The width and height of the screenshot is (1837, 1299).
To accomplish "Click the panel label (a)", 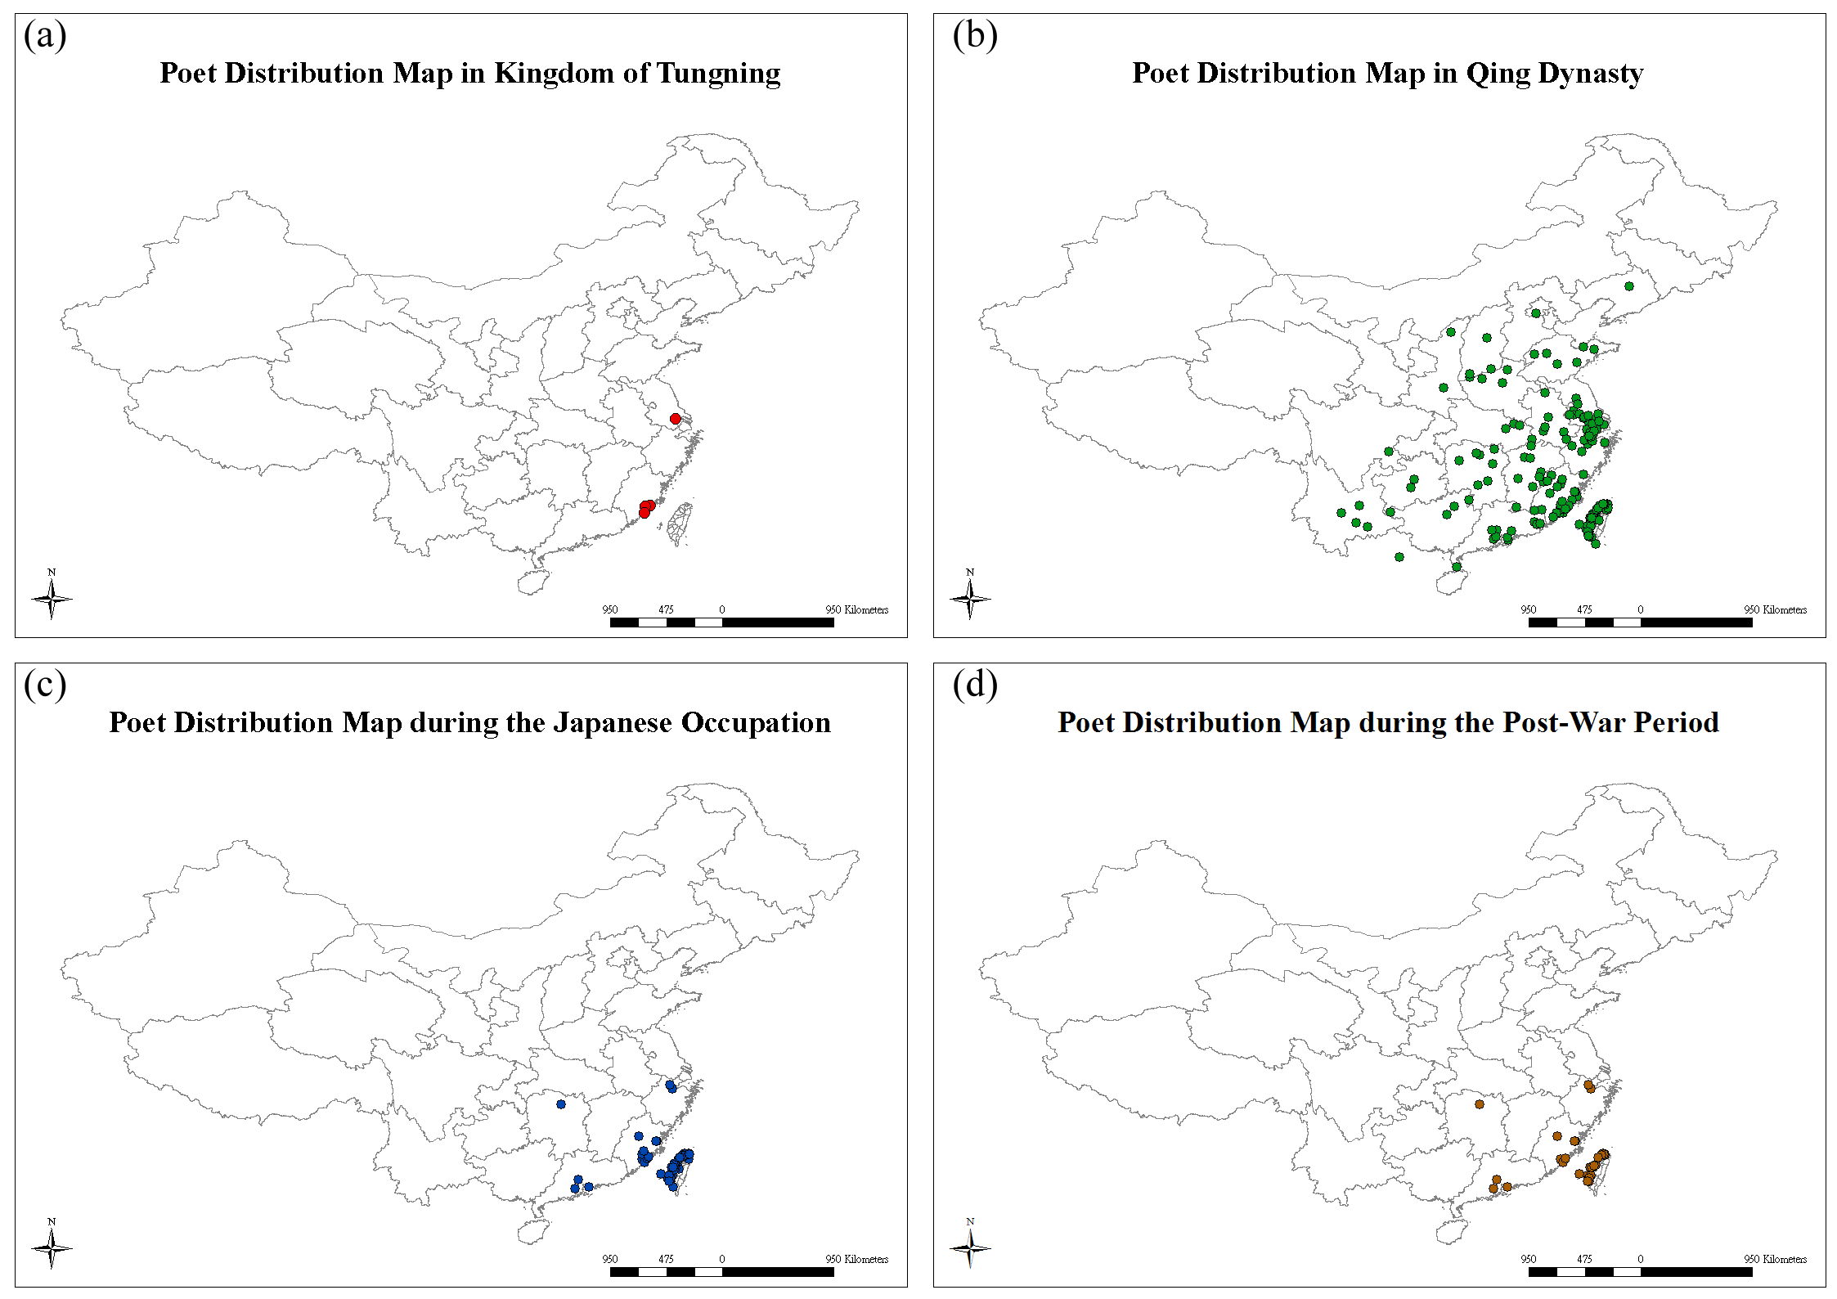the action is [45, 35].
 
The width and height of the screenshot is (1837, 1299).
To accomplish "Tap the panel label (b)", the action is [975, 35].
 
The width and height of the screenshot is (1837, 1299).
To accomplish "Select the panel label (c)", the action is [45, 685].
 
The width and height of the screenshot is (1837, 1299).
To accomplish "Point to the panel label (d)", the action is [975, 685].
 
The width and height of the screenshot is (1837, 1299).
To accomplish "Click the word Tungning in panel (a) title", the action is [719, 74].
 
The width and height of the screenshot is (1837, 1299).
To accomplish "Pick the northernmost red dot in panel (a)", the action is [675, 419].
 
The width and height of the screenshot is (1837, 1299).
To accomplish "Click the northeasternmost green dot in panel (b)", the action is [1629, 286].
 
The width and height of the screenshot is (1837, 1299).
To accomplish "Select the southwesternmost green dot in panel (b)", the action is [1399, 557].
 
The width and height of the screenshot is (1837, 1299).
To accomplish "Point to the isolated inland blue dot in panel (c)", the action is [561, 1104].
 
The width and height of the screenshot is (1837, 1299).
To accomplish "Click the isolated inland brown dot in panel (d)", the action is [1480, 1104].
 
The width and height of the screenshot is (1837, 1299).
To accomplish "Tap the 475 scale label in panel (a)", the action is [667, 609].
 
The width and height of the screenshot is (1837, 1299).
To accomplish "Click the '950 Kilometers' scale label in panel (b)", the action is [1776, 609].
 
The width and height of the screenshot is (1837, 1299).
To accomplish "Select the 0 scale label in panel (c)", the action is [722, 1259].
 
